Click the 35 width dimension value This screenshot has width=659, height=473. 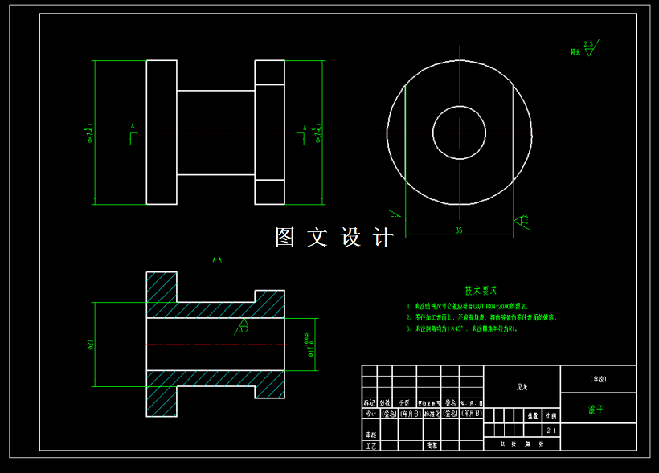point(459,230)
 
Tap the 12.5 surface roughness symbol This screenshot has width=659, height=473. point(587,48)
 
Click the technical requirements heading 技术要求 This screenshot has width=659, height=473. point(481,291)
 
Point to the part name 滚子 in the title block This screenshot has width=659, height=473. point(596,409)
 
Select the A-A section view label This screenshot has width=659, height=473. point(216,260)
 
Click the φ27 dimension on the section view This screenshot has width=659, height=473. point(91,344)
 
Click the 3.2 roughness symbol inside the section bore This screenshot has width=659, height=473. point(244,327)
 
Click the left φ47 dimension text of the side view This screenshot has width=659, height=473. point(90,133)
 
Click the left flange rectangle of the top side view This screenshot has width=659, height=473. point(162,133)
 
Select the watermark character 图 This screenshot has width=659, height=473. point(285,238)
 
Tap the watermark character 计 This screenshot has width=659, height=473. point(384,238)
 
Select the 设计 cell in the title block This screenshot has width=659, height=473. point(370,414)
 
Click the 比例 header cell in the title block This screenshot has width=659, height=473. point(550,417)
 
